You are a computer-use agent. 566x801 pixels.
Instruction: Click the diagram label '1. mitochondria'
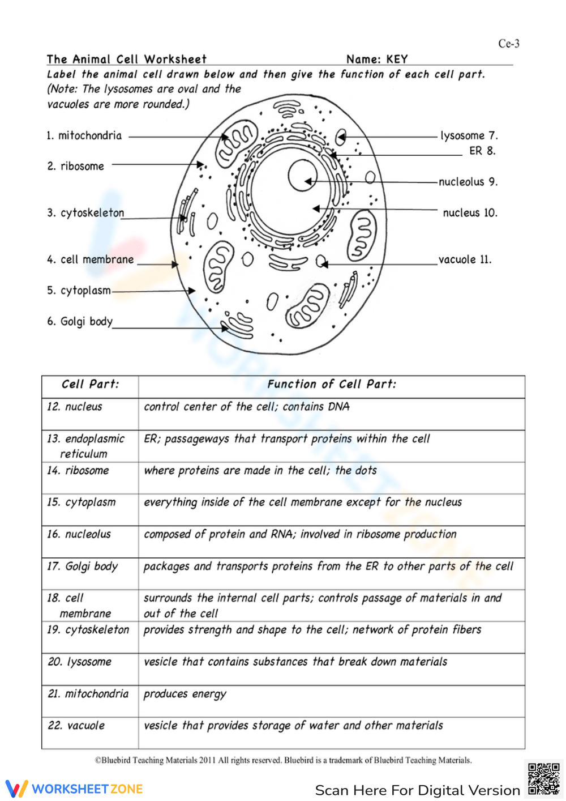84,136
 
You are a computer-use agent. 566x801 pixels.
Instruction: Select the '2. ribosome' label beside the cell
76,167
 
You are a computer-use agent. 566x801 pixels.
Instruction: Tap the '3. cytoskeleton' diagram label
85,213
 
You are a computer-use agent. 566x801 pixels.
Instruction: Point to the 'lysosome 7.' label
469,136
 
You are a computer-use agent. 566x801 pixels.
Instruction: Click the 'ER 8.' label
482,151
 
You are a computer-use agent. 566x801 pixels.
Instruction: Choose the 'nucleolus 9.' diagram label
468,182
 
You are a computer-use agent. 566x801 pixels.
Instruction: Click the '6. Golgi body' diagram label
80,322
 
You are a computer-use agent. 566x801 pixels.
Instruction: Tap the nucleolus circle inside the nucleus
303,176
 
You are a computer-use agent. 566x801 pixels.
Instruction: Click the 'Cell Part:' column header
91,385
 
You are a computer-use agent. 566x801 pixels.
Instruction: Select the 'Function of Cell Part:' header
332,385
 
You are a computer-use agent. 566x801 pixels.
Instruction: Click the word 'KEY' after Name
397,59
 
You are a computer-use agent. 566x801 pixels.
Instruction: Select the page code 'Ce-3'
509,44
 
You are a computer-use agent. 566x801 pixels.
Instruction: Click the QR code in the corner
543,779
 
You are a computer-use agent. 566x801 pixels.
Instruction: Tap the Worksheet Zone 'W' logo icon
16,789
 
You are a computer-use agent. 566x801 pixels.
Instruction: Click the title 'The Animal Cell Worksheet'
127,59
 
